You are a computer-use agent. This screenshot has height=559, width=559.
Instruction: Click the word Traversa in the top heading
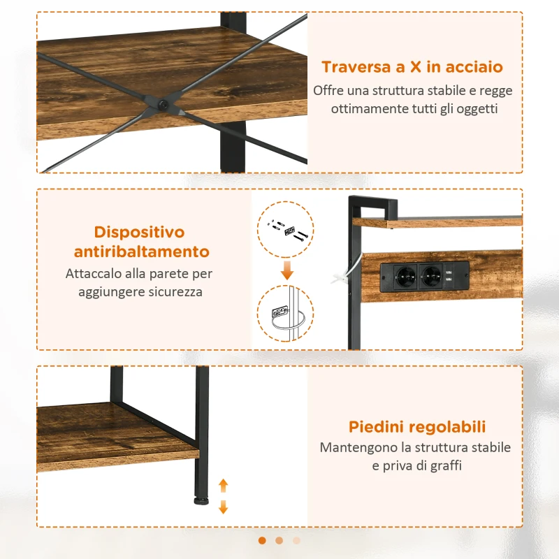pyautogui.click(x=354, y=67)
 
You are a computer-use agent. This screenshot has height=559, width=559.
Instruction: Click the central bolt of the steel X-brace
pyautogui.click(x=162, y=105)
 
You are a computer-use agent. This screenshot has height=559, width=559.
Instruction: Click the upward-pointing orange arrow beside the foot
pyautogui.click(x=224, y=485)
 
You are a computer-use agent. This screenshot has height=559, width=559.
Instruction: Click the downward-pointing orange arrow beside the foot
pyautogui.click(x=224, y=507)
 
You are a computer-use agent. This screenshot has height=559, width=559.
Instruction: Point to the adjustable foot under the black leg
pyautogui.click(x=201, y=499)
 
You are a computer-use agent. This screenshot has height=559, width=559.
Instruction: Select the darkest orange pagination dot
pyautogui.click(x=262, y=540)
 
